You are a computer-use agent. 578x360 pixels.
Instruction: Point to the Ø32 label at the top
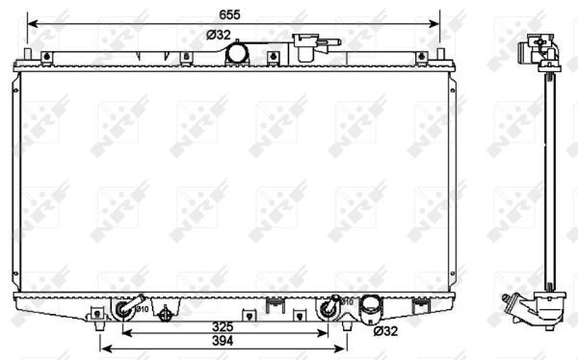click(x=218, y=36)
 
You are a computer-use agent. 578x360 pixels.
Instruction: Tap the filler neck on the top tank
click(x=311, y=47)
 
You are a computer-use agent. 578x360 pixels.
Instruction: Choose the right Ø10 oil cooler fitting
click(x=331, y=308)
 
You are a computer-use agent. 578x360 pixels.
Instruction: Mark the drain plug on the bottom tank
click(x=169, y=313)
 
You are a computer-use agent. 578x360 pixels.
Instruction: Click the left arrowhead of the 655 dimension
click(x=30, y=21)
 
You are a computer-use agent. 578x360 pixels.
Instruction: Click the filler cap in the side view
click(x=539, y=46)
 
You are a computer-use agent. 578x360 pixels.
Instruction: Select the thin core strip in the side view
click(x=545, y=173)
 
